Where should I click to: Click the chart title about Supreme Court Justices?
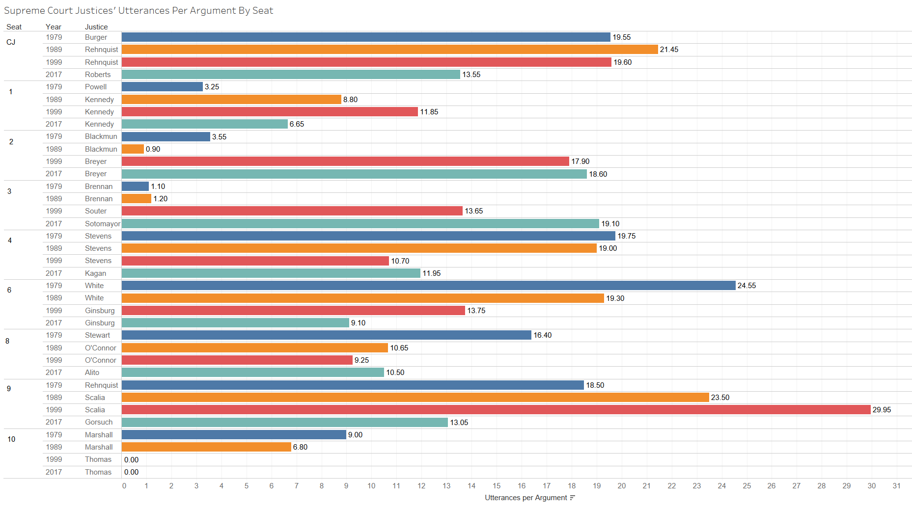(138, 11)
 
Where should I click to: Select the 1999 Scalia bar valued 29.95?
(496, 410)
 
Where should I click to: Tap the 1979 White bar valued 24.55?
(428, 286)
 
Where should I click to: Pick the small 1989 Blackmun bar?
(133, 149)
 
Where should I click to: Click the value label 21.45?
(669, 50)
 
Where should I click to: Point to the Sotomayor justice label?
(102, 224)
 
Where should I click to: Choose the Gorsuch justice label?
(99, 422)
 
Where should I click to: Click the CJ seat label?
(11, 42)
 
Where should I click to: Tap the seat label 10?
(11, 439)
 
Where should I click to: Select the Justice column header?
(96, 27)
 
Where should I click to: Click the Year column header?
(54, 27)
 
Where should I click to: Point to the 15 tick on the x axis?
(497, 486)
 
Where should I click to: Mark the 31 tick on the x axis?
(896, 486)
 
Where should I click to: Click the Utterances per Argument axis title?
(525, 498)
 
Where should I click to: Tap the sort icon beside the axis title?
(572, 498)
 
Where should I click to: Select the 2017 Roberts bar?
(291, 75)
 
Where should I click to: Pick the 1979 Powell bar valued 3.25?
(162, 87)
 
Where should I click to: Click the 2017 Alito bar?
(252, 373)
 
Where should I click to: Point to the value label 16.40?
(542, 335)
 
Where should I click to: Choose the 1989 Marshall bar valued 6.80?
(206, 447)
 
